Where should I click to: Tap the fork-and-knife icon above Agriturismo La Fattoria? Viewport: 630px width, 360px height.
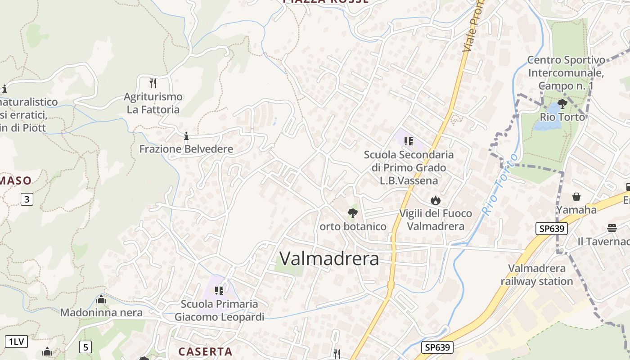[153, 83]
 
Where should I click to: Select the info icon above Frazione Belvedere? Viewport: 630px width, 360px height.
[186, 135]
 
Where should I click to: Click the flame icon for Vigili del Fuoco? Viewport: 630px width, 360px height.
[435, 200]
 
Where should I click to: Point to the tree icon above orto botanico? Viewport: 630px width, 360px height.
[353, 213]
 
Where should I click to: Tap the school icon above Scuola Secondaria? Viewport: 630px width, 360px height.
[409, 141]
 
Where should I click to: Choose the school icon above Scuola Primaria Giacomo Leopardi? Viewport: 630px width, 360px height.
[219, 290]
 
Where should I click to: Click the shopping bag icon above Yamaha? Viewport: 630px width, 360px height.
[576, 197]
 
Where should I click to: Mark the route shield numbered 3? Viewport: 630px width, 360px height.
[27, 199]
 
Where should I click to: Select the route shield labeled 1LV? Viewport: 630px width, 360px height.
[16, 342]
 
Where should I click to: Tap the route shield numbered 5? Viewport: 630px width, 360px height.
[85, 347]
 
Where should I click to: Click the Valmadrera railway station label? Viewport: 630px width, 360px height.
[536, 275]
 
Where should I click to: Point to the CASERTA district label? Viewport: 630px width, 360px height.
[205, 351]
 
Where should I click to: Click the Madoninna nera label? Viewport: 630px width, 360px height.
[101, 312]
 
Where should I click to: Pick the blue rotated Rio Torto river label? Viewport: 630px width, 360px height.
[499, 184]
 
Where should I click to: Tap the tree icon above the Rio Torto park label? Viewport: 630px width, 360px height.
[562, 104]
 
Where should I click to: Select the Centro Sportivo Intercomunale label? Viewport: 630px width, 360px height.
[566, 72]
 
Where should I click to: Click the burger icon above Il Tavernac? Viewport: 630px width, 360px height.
[612, 228]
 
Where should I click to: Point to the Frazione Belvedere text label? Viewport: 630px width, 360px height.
[186, 149]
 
